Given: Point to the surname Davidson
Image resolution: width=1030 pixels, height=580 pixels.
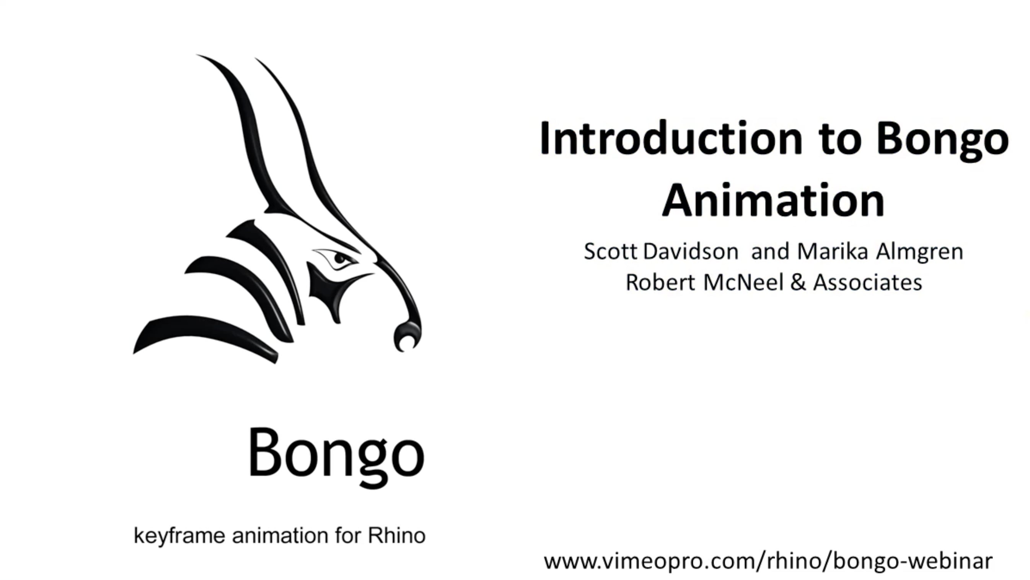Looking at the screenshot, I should [x=691, y=252].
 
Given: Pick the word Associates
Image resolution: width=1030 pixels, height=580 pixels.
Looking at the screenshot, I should [x=868, y=283].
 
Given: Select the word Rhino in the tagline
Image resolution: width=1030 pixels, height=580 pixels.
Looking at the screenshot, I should [x=396, y=535].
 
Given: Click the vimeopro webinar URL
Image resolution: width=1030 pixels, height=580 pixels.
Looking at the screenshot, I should [x=768, y=561].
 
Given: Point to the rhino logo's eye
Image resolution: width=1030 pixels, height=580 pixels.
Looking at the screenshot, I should [x=340, y=258].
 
